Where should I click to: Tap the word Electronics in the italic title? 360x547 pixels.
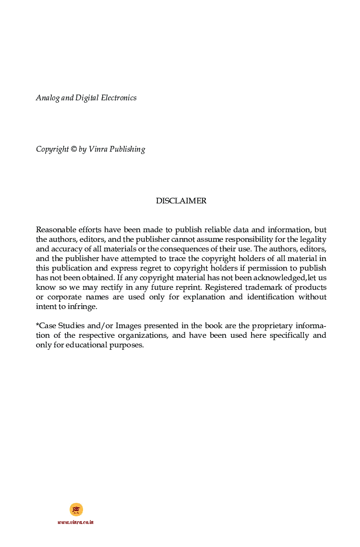click(x=119, y=98)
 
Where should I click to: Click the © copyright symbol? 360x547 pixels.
click(x=73, y=149)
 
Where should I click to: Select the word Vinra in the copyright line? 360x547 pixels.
click(x=97, y=149)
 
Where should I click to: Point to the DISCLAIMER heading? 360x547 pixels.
click(x=181, y=201)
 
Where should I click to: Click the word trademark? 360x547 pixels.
click(x=265, y=287)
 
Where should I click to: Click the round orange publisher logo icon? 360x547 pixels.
click(x=76, y=510)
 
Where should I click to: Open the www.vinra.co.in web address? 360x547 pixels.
click(x=75, y=522)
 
